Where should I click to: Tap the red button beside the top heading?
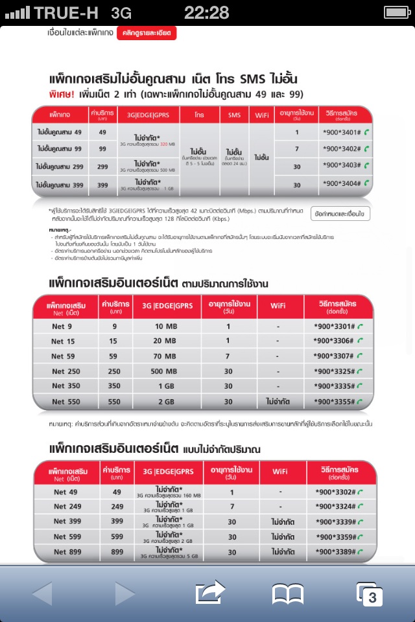coord(147,33)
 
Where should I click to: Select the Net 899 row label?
coord(69,551)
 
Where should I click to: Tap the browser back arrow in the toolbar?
coord(42,593)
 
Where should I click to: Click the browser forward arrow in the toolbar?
coord(125,593)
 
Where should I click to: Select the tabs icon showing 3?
coord(370,593)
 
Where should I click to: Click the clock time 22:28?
coord(207,12)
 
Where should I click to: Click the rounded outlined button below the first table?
coord(340,213)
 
